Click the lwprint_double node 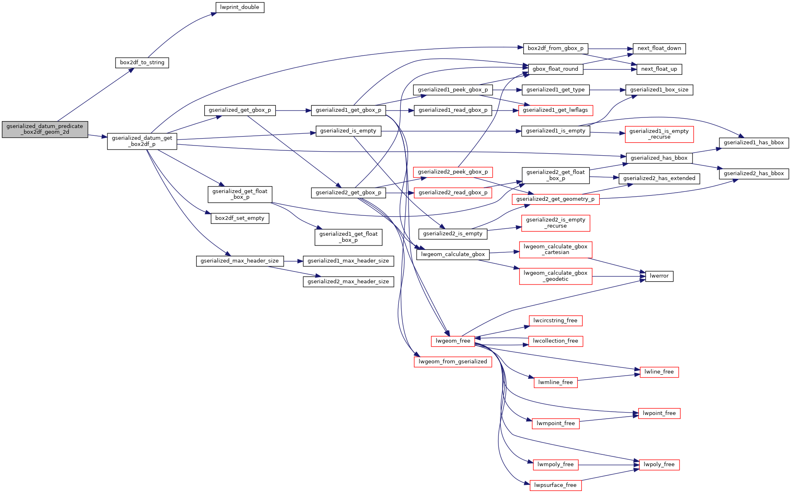(x=240, y=7)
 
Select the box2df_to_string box (x=142, y=63)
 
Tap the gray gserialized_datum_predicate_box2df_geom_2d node (x=45, y=129)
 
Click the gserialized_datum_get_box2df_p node (x=142, y=141)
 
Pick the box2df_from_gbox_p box (x=555, y=48)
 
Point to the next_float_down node (x=659, y=48)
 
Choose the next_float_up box (x=659, y=69)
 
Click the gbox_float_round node (x=555, y=69)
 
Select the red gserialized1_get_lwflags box (x=555, y=110)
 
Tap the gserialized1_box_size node (x=659, y=90)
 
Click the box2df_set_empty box (x=240, y=218)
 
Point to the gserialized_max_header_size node (x=240, y=261)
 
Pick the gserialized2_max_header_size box (x=348, y=282)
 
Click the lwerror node (x=659, y=276)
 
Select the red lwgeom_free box (x=453, y=341)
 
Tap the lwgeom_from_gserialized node (x=453, y=362)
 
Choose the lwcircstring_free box (x=555, y=321)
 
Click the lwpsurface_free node (x=555, y=485)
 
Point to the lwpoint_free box (x=659, y=413)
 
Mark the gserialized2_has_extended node (x=659, y=178)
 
